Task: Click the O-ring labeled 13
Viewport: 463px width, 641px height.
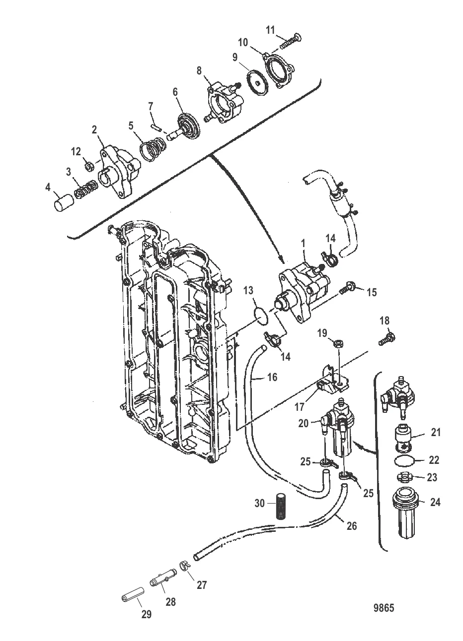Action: tap(263, 314)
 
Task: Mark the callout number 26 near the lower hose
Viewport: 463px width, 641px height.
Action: tap(351, 524)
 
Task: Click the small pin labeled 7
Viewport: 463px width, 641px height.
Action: tap(156, 125)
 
